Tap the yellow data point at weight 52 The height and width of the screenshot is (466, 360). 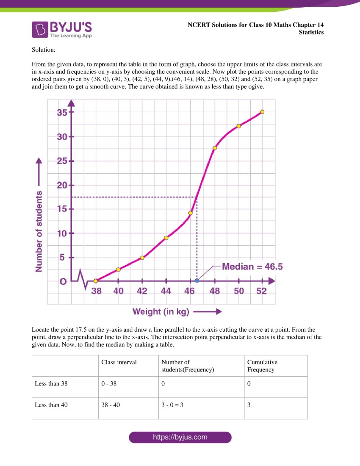(x=262, y=112)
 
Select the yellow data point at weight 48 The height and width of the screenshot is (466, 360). (x=215, y=148)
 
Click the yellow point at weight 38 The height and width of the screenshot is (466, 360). (x=96, y=281)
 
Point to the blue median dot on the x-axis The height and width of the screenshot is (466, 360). (x=197, y=281)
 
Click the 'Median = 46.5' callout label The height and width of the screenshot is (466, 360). (x=252, y=266)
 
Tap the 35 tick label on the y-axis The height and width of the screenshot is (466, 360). (x=62, y=113)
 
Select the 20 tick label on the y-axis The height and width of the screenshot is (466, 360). (x=62, y=185)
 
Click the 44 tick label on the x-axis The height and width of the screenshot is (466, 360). (x=166, y=291)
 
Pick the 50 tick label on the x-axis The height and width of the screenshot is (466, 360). (x=239, y=291)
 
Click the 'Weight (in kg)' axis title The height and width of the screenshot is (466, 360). (x=161, y=312)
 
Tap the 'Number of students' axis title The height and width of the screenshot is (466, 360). (x=39, y=231)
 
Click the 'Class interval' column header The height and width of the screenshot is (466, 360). (x=119, y=362)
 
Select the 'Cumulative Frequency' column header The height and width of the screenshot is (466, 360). (x=262, y=366)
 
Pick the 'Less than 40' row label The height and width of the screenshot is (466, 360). (x=51, y=405)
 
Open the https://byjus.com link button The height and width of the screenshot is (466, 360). (x=180, y=437)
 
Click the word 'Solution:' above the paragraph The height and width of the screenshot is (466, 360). (x=44, y=50)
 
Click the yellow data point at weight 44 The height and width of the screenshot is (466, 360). (x=166, y=238)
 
